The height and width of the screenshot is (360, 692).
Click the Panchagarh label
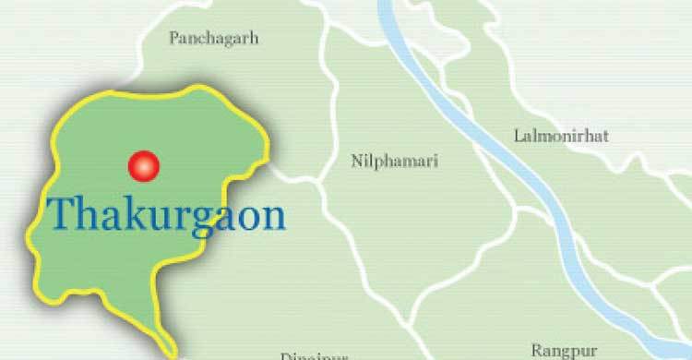[x=214, y=38]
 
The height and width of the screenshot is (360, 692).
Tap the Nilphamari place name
[x=395, y=162]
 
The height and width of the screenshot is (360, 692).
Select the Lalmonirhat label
[x=561, y=137]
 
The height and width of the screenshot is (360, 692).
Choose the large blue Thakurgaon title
[x=166, y=215]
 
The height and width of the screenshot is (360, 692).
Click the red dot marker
[x=143, y=166]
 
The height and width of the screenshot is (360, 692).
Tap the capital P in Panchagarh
[x=173, y=38]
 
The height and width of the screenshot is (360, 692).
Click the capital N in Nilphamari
[x=356, y=162]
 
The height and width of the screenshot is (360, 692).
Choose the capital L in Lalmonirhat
[x=518, y=137]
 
